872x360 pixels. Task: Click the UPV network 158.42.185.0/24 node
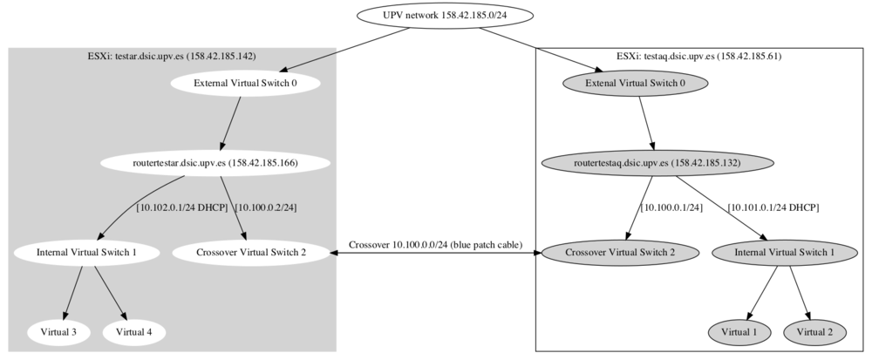445,15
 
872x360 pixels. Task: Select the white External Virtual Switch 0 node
245,84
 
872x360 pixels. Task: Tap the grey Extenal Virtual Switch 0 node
635,84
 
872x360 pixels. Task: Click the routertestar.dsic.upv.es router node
215,163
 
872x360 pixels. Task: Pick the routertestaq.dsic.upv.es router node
657,163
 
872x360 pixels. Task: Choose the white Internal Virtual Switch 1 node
86,252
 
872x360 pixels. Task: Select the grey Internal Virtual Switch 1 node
785,252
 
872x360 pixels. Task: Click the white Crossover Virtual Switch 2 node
251,252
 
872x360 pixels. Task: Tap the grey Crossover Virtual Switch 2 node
620,252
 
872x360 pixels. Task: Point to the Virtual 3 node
58,332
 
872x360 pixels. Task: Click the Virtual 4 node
134,332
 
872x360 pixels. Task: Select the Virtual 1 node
739,332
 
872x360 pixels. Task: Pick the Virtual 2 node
814,332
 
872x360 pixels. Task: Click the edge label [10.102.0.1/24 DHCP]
182,207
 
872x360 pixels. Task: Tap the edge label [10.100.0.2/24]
266,207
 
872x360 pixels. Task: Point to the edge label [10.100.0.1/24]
671,207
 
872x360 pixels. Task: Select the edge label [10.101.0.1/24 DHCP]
773,207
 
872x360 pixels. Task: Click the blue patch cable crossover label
435,244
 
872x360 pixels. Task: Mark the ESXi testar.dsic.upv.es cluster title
172,56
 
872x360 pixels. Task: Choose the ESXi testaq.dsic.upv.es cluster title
699,56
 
